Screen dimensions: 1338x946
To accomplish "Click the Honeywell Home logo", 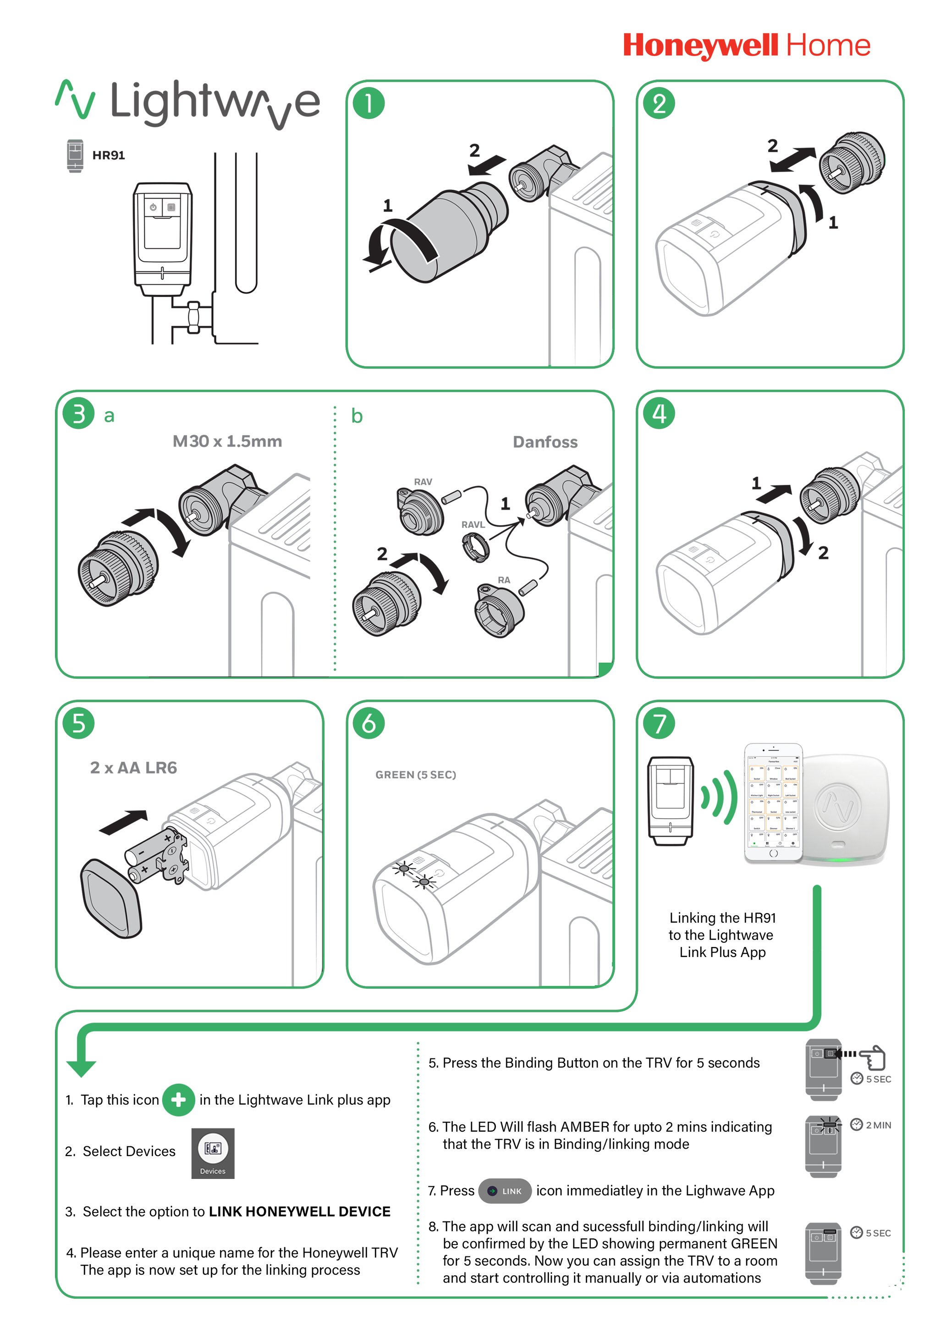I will pos(746,46).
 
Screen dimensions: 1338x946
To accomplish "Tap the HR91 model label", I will pos(109,155).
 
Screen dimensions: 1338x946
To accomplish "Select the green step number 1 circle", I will pos(368,103).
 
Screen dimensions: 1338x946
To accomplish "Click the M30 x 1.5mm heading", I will pos(227,441).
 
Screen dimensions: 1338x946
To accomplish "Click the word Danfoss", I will pos(545,442).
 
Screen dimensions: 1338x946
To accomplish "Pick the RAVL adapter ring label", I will pos(473,524).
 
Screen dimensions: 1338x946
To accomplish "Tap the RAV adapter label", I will pos(423,482).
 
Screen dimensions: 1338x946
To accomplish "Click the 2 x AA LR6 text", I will pos(133,767).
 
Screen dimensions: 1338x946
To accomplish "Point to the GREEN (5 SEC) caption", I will pos(416,775).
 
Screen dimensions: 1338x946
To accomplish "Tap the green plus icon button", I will pos(178,1100).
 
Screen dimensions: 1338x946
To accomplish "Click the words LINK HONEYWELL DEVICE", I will pos(300,1211).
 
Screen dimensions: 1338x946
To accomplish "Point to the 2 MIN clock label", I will pos(871,1125).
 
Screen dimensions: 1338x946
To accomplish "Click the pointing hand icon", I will pos(872,1057).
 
